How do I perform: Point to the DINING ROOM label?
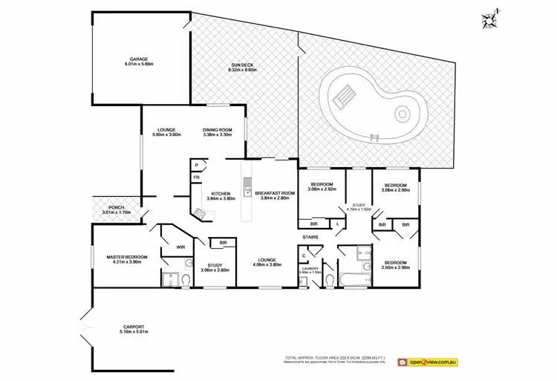[218, 132]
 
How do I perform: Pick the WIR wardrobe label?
[180, 247]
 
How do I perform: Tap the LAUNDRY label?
[309, 270]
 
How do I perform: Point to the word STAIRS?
[310, 238]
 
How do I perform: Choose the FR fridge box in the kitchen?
[196, 178]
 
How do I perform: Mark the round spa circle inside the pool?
[402, 114]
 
